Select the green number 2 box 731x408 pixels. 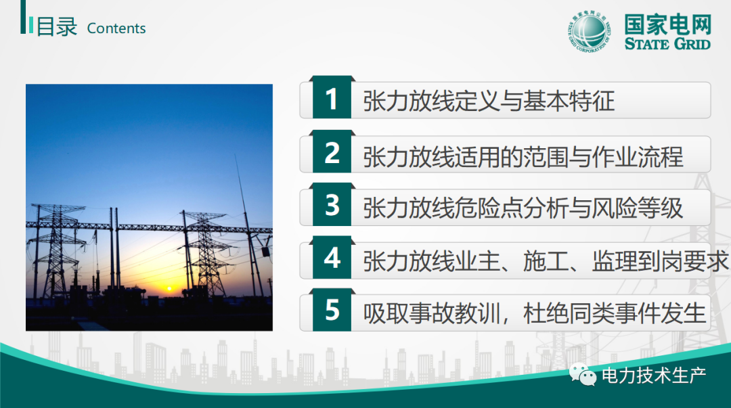pos(332,152)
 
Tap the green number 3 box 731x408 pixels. pos(332,204)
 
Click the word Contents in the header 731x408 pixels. pos(116,28)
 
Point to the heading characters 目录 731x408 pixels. pos(56,26)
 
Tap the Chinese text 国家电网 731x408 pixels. pos(667,25)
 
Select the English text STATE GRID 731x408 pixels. pos(667,44)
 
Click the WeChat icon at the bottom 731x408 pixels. pos(582,374)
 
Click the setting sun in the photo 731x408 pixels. pos(169,289)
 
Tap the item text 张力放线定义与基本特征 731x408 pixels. pos(489,101)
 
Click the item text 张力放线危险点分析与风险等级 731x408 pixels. pos(523,208)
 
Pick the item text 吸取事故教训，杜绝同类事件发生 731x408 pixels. pos(534,313)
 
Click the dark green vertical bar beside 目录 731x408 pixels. pos(23,17)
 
